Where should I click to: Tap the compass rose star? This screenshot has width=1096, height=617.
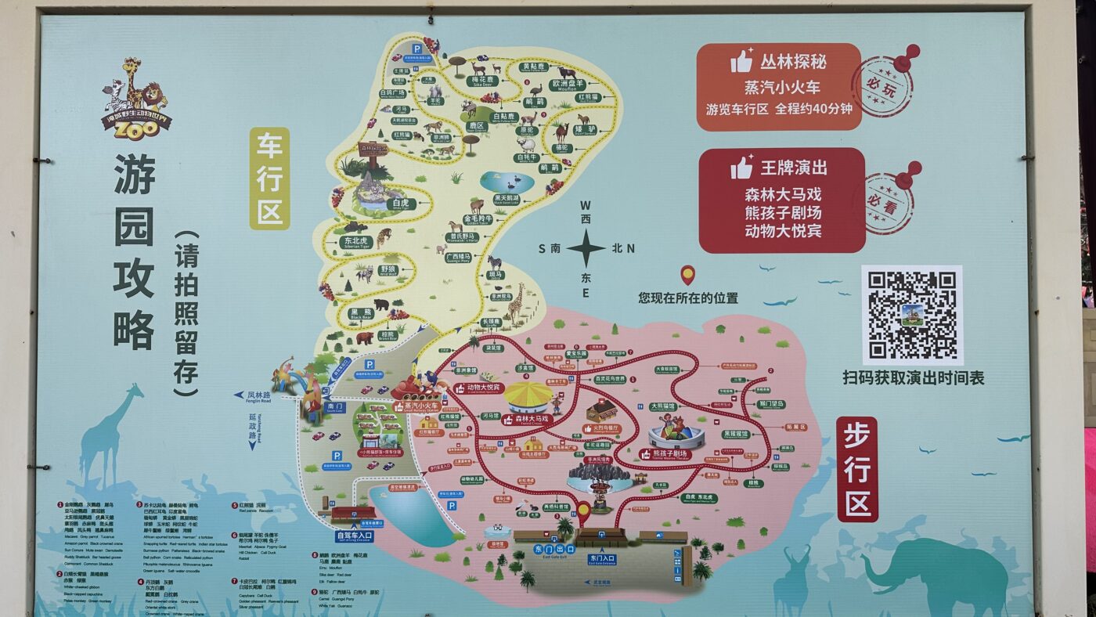[586, 249]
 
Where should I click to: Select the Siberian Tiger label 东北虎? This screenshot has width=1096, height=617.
[355, 241]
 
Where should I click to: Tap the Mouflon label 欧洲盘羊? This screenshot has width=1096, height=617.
[568, 84]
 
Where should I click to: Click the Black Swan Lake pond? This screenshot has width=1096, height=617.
[506, 182]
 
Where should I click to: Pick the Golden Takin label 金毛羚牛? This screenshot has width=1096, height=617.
[478, 218]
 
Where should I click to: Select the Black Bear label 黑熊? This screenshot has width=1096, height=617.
[361, 312]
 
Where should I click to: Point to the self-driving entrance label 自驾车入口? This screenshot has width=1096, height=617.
[355, 536]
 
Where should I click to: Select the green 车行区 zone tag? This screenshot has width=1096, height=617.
[269, 179]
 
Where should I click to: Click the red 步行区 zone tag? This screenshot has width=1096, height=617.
[857, 469]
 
